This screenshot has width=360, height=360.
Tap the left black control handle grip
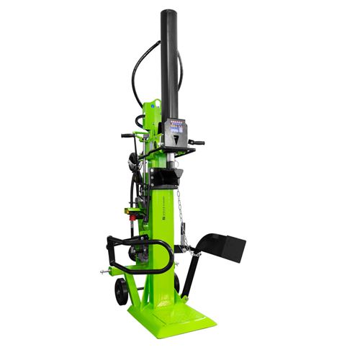(x=128, y=135)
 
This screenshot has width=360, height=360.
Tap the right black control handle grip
(x=196, y=143)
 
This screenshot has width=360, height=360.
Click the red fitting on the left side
(x=132, y=212)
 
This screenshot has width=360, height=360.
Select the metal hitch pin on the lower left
(x=106, y=273)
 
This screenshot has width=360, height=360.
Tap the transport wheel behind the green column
(x=177, y=283)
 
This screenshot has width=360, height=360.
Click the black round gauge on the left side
(x=132, y=160)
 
